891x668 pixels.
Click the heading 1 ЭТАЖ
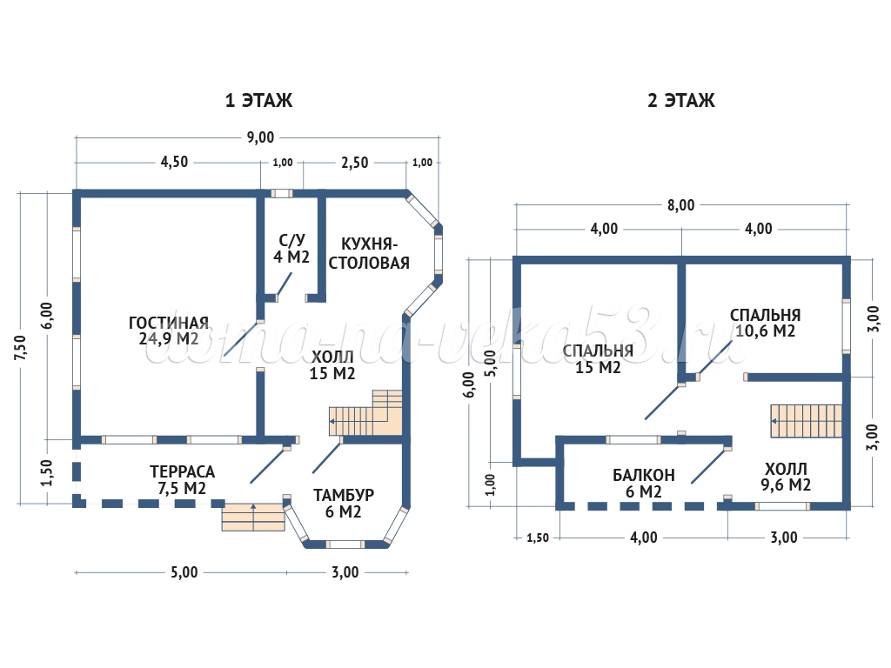[258, 101]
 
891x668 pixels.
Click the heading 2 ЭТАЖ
[680, 101]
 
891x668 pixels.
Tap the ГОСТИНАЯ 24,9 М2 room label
[168, 330]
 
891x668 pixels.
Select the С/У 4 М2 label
[292, 249]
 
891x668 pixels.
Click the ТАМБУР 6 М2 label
[344, 504]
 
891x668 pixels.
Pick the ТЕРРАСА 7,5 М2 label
[182, 480]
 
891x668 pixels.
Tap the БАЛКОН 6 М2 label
[643, 483]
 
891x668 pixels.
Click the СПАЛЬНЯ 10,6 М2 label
[766, 323]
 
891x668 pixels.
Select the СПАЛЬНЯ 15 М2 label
[597, 358]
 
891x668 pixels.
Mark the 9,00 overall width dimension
[260, 137]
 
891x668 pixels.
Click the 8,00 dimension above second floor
[681, 205]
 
